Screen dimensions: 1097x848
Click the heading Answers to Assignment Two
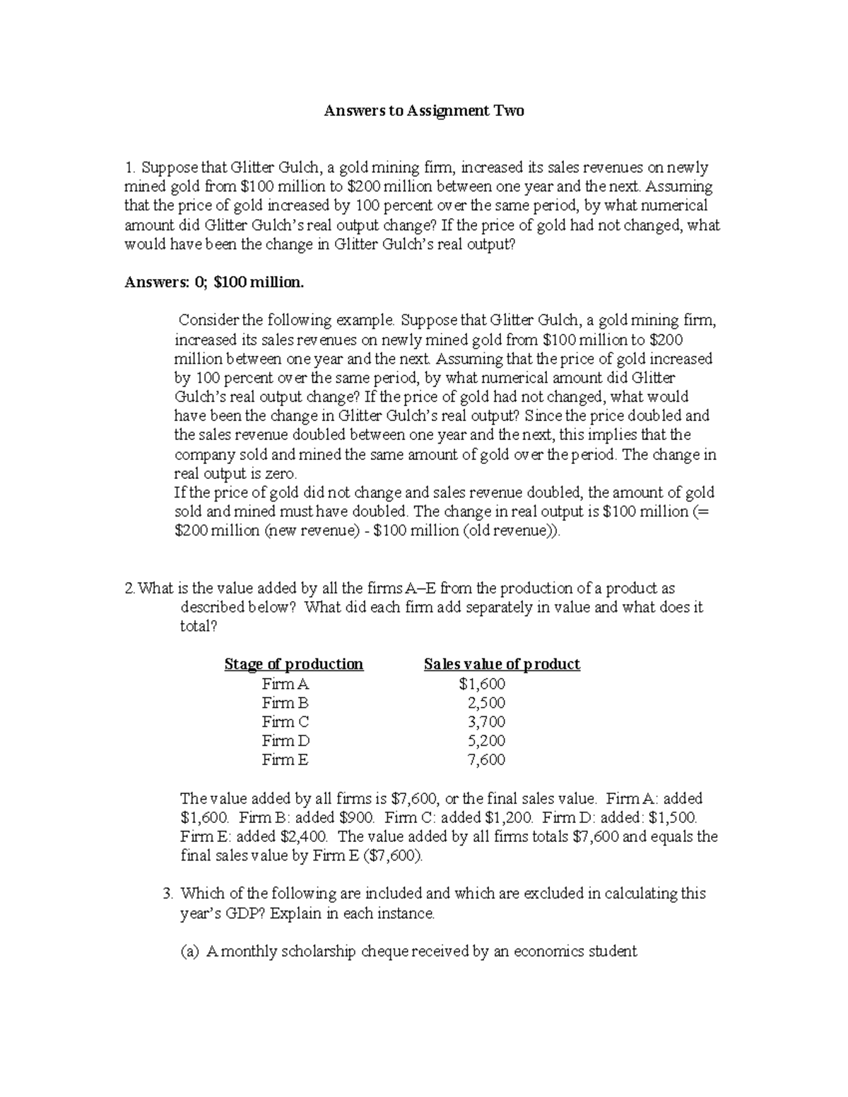tap(424, 111)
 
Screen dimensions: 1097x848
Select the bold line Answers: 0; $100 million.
tap(214, 283)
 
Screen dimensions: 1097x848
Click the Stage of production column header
tap(293, 664)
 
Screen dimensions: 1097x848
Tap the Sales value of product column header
tap(502, 664)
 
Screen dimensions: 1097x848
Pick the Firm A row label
tap(285, 684)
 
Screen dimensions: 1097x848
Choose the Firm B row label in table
tap(285, 703)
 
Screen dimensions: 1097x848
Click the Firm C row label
tap(285, 722)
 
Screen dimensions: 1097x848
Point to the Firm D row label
tap(285, 741)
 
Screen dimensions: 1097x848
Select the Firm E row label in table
tap(285, 760)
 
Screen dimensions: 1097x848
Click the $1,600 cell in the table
tap(482, 684)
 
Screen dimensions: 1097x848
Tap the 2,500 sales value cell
tap(486, 703)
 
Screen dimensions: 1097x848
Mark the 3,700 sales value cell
tap(486, 722)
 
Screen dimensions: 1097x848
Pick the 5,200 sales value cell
tap(486, 741)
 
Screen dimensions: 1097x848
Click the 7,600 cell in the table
tap(486, 760)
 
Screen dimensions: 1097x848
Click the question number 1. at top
tap(129, 168)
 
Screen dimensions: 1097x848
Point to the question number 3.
tap(167, 894)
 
